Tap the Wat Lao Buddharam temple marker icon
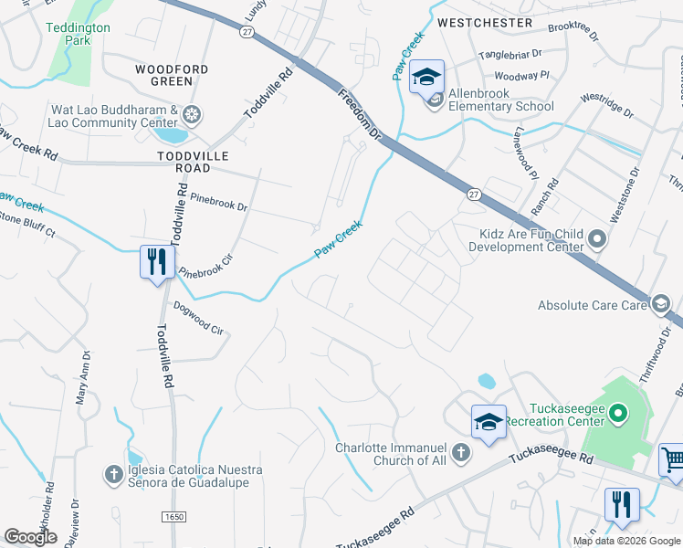tap(192, 115)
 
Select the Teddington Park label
tap(78, 34)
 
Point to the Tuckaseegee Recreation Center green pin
tap(617, 416)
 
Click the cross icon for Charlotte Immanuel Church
tap(462, 453)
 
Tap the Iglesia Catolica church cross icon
tap(113, 475)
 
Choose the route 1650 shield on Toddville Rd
tap(174, 517)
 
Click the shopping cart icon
tap(672, 459)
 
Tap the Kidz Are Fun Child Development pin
tap(598, 239)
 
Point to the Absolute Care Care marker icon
tap(658, 304)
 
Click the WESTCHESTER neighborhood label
tap(484, 21)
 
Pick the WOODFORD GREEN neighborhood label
tap(172, 75)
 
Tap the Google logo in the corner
tap(31, 537)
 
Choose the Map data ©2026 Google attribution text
tap(625, 541)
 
